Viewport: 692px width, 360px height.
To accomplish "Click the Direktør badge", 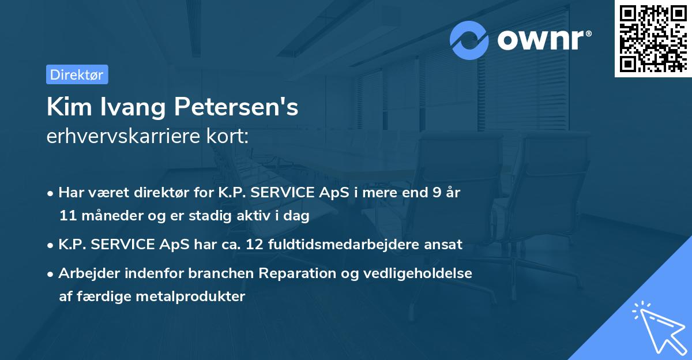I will pos(77,74).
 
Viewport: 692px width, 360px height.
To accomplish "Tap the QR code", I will pos(652,39).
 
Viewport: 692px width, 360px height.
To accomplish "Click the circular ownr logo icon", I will pos(469,40).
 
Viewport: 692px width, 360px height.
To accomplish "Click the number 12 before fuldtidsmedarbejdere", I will pos(255,245).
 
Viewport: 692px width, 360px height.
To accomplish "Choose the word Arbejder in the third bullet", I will pos(85,273).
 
